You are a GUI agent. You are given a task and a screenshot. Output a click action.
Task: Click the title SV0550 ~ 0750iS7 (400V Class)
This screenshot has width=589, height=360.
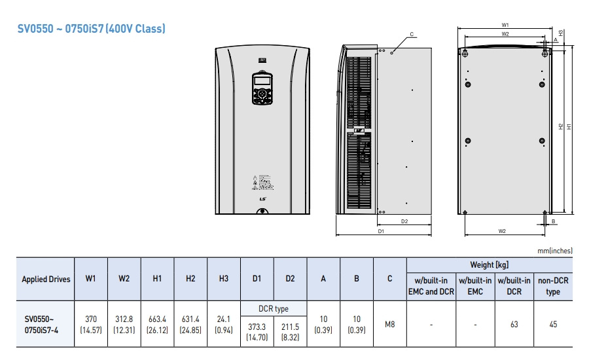(x=91, y=29)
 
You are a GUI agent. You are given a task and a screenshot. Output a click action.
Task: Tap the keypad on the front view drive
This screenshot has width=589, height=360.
(x=262, y=88)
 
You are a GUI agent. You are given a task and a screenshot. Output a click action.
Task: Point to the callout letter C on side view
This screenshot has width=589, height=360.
(x=412, y=33)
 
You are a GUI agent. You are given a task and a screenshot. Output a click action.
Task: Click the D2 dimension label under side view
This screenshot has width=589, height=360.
(x=404, y=221)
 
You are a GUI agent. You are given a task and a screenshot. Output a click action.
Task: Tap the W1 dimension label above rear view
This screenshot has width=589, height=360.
(x=505, y=25)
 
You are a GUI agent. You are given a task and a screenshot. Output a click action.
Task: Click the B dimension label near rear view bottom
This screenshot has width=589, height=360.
(x=554, y=222)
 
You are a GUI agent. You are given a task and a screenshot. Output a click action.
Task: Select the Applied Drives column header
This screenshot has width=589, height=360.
(x=46, y=279)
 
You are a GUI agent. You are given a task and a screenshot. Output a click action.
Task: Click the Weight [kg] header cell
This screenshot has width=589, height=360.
(x=489, y=264)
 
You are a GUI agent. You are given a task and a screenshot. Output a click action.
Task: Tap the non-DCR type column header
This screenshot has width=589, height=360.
(x=553, y=286)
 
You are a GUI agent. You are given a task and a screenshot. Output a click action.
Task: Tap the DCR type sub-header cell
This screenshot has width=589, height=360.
(x=274, y=308)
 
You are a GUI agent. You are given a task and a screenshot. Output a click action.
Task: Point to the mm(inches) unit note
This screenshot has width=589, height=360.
(x=555, y=250)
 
